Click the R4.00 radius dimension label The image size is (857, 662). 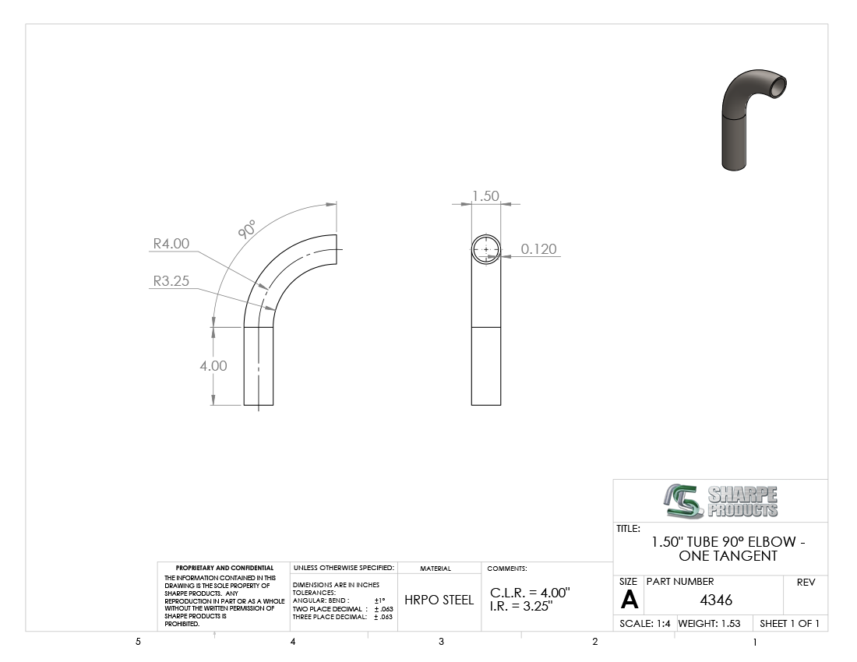click(x=171, y=244)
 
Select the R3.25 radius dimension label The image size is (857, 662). click(x=171, y=280)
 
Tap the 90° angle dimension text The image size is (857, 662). click(x=247, y=230)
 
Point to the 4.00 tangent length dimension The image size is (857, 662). click(x=213, y=365)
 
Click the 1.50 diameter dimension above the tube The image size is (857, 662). click(x=485, y=195)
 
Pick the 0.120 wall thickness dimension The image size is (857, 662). click(x=538, y=249)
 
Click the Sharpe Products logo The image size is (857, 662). click(x=721, y=501)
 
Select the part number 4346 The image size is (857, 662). click(x=716, y=600)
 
